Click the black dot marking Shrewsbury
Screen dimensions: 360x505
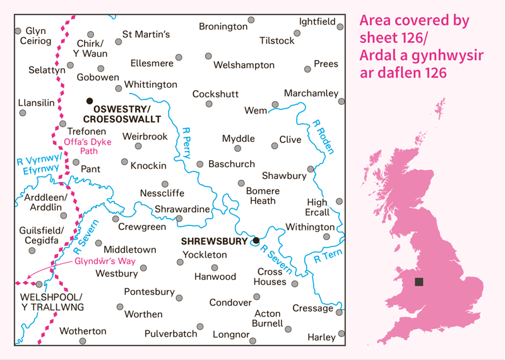point(256,241)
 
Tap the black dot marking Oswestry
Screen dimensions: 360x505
point(90,100)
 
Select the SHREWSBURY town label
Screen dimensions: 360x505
point(215,241)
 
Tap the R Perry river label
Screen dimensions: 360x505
point(186,143)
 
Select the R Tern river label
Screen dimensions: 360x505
point(326,256)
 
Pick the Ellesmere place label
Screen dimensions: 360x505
point(151,64)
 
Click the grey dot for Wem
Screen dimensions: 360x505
point(275,105)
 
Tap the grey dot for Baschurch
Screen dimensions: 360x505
point(200,164)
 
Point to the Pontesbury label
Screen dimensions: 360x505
point(149,292)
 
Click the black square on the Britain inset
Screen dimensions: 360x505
point(419,282)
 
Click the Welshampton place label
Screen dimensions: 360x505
point(244,65)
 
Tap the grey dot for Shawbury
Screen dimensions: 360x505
point(311,169)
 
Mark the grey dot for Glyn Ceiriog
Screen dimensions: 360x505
point(18,30)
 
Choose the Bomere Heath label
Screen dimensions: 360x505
point(263,196)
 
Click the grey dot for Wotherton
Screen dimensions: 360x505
point(83,341)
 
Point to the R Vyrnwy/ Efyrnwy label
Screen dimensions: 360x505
point(39,163)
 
